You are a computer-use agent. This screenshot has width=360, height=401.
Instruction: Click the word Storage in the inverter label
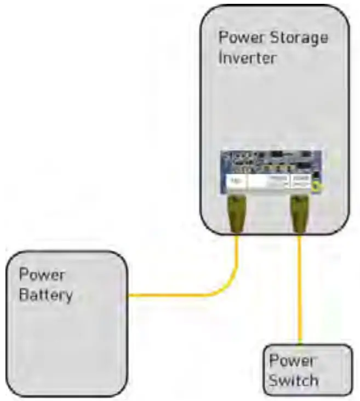tap(300, 38)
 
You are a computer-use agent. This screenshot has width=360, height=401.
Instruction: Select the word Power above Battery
tap(42, 275)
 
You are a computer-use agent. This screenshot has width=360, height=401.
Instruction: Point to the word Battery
tap(46, 295)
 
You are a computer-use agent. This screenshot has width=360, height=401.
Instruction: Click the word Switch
tap(294, 379)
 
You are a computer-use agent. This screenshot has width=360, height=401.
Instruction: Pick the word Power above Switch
tap(292, 360)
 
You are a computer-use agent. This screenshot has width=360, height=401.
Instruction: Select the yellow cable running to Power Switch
tap(300, 290)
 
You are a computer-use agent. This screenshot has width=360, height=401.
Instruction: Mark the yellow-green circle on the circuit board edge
tap(317, 186)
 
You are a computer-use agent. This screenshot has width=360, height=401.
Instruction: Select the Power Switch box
tap(307, 370)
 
